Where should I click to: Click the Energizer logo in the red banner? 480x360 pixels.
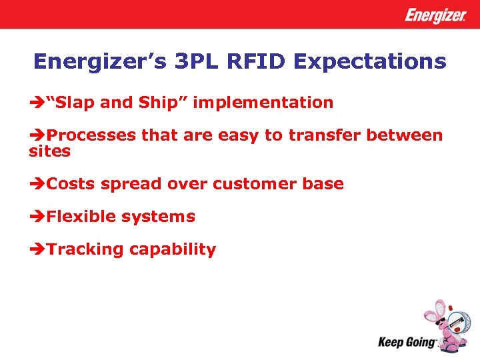pyautogui.click(x=435, y=15)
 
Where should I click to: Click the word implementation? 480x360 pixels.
pyautogui.click(x=263, y=103)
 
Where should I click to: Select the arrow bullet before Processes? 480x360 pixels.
pyautogui.click(x=37, y=136)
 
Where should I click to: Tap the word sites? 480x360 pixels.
pyautogui.click(x=49, y=151)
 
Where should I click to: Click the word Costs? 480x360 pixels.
pyautogui.click(x=71, y=184)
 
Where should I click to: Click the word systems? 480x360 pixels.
pyautogui.click(x=163, y=217)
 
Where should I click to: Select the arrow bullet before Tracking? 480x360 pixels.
pyautogui.click(x=37, y=250)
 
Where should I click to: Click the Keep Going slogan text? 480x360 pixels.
pyautogui.click(x=407, y=343)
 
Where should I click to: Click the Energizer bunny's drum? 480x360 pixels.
pyautogui.click(x=455, y=324)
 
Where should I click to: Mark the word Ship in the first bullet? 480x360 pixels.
pyautogui.click(x=156, y=103)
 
